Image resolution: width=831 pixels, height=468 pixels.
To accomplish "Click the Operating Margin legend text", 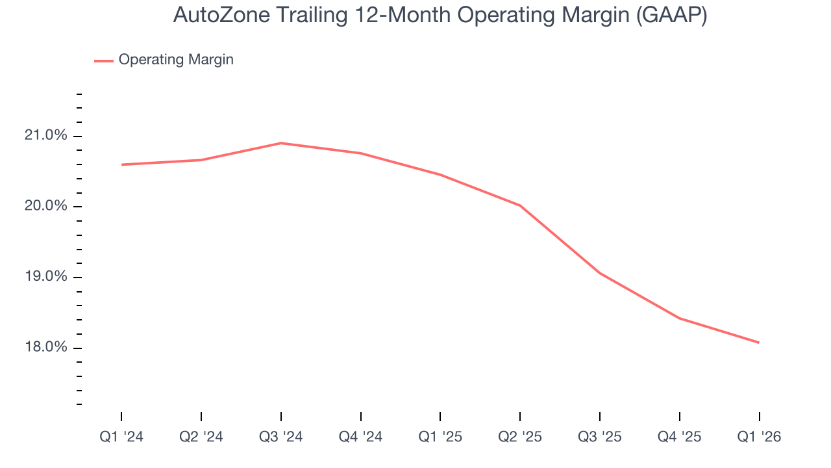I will pyautogui.click(x=176, y=60).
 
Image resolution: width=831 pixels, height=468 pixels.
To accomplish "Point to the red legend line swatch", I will pyautogui.click(x=104, y=60).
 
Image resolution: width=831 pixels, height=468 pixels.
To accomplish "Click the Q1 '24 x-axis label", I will pyautogui.click(x=121, y=437).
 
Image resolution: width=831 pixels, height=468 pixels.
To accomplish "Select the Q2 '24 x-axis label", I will pyautogui.click(x=201, y=437).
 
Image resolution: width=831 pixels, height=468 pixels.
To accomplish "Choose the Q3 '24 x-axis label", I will pyautogui.click(x=281, y=437).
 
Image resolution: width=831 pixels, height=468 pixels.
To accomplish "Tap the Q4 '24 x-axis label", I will pyautogui.click(x=361, y=437).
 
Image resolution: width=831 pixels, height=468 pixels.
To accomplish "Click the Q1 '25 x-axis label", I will pyautogui.click(x=440, y=437).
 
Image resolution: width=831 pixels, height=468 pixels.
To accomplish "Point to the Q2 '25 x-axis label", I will pyautogui.click(x=520, y=437).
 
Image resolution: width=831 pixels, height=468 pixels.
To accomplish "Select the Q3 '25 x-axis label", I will pyautogui.click(x=600, y=437).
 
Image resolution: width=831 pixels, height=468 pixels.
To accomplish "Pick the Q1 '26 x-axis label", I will pyautogui.click(x=759, y=437).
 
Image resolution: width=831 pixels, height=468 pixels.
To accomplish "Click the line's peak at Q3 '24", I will pyautogui.click(x=281, y=143).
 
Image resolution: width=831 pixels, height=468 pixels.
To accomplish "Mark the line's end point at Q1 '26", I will pyautogui.click(x=759, y=343).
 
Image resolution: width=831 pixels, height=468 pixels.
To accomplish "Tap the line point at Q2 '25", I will pyautogui.click(x=520, y=205).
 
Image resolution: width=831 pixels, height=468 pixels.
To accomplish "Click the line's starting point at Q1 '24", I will pyautogui.click(x=121, y=164).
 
